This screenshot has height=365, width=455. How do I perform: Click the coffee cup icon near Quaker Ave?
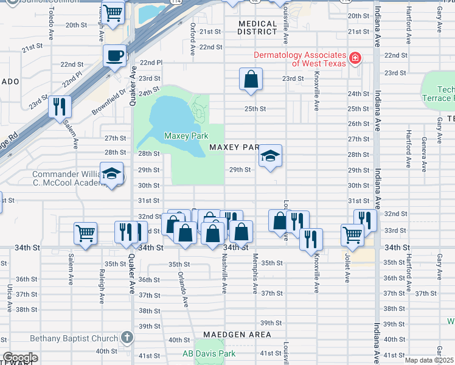coord(114,57)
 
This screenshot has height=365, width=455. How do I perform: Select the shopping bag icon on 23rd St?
coord(251,79)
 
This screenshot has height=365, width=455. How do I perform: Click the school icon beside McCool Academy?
coord(111,174)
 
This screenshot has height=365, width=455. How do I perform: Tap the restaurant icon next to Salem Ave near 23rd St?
coord(60,106)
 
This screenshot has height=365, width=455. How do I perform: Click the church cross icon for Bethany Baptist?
coord(127,337)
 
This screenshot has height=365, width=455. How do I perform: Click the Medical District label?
coord(257,27)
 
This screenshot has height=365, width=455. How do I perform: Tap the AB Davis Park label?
coord(209,353)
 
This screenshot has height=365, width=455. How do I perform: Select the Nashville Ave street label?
coord(224,274)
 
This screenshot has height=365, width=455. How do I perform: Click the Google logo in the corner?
coord(19,358)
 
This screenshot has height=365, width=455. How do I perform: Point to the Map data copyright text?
coord(428,360)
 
